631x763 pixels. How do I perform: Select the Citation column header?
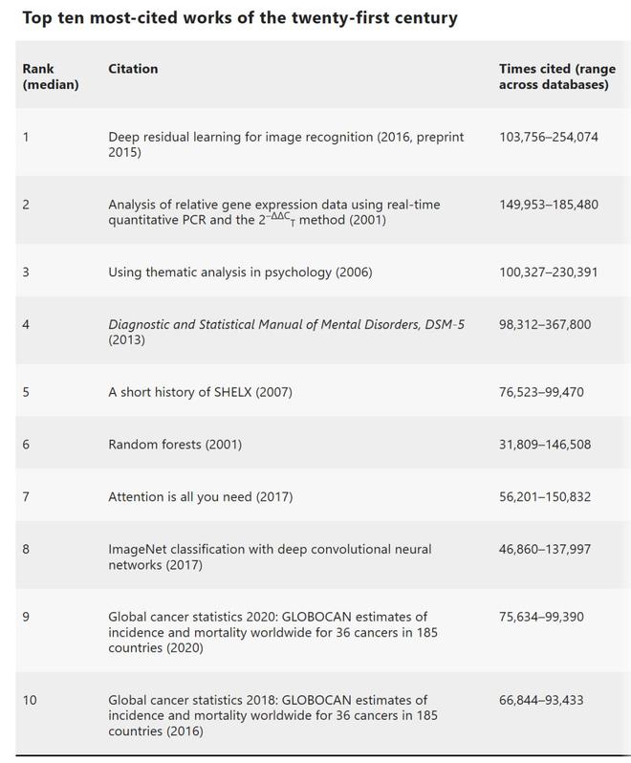pyautogui.click(x=133, y=69)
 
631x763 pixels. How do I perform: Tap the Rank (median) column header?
pyautogui.click(x=50, y=76)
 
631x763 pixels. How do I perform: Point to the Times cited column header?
pyautogui.click(x=554, y=76)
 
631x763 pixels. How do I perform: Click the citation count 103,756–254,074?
pyautogui.click(x=548, y=137)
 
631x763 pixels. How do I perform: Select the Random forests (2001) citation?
pyautogui.click(x=175, y=444)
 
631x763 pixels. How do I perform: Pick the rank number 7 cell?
pyautogui.click(x=26, y=496)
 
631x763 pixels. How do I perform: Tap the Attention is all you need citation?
pyautogui.click(x=200, y=496)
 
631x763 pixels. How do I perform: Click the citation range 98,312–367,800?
pyautogui.click(x=545, y=324)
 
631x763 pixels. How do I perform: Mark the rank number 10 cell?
pyautogui.click(x=30, y=700)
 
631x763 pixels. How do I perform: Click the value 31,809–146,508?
pyautogui.click(x=545, y=444)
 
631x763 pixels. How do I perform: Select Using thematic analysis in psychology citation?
pyautogui.click(x=240, y=272)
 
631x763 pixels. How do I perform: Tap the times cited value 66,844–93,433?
pyautogui.click(x=541, y=700)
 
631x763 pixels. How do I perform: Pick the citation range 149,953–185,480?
pyautogui.click(x=548, y=205)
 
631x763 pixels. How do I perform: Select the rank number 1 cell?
pyautogui.click(x=26, y=137)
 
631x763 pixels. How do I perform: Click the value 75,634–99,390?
pyautogui.click(x=541, y=617)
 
